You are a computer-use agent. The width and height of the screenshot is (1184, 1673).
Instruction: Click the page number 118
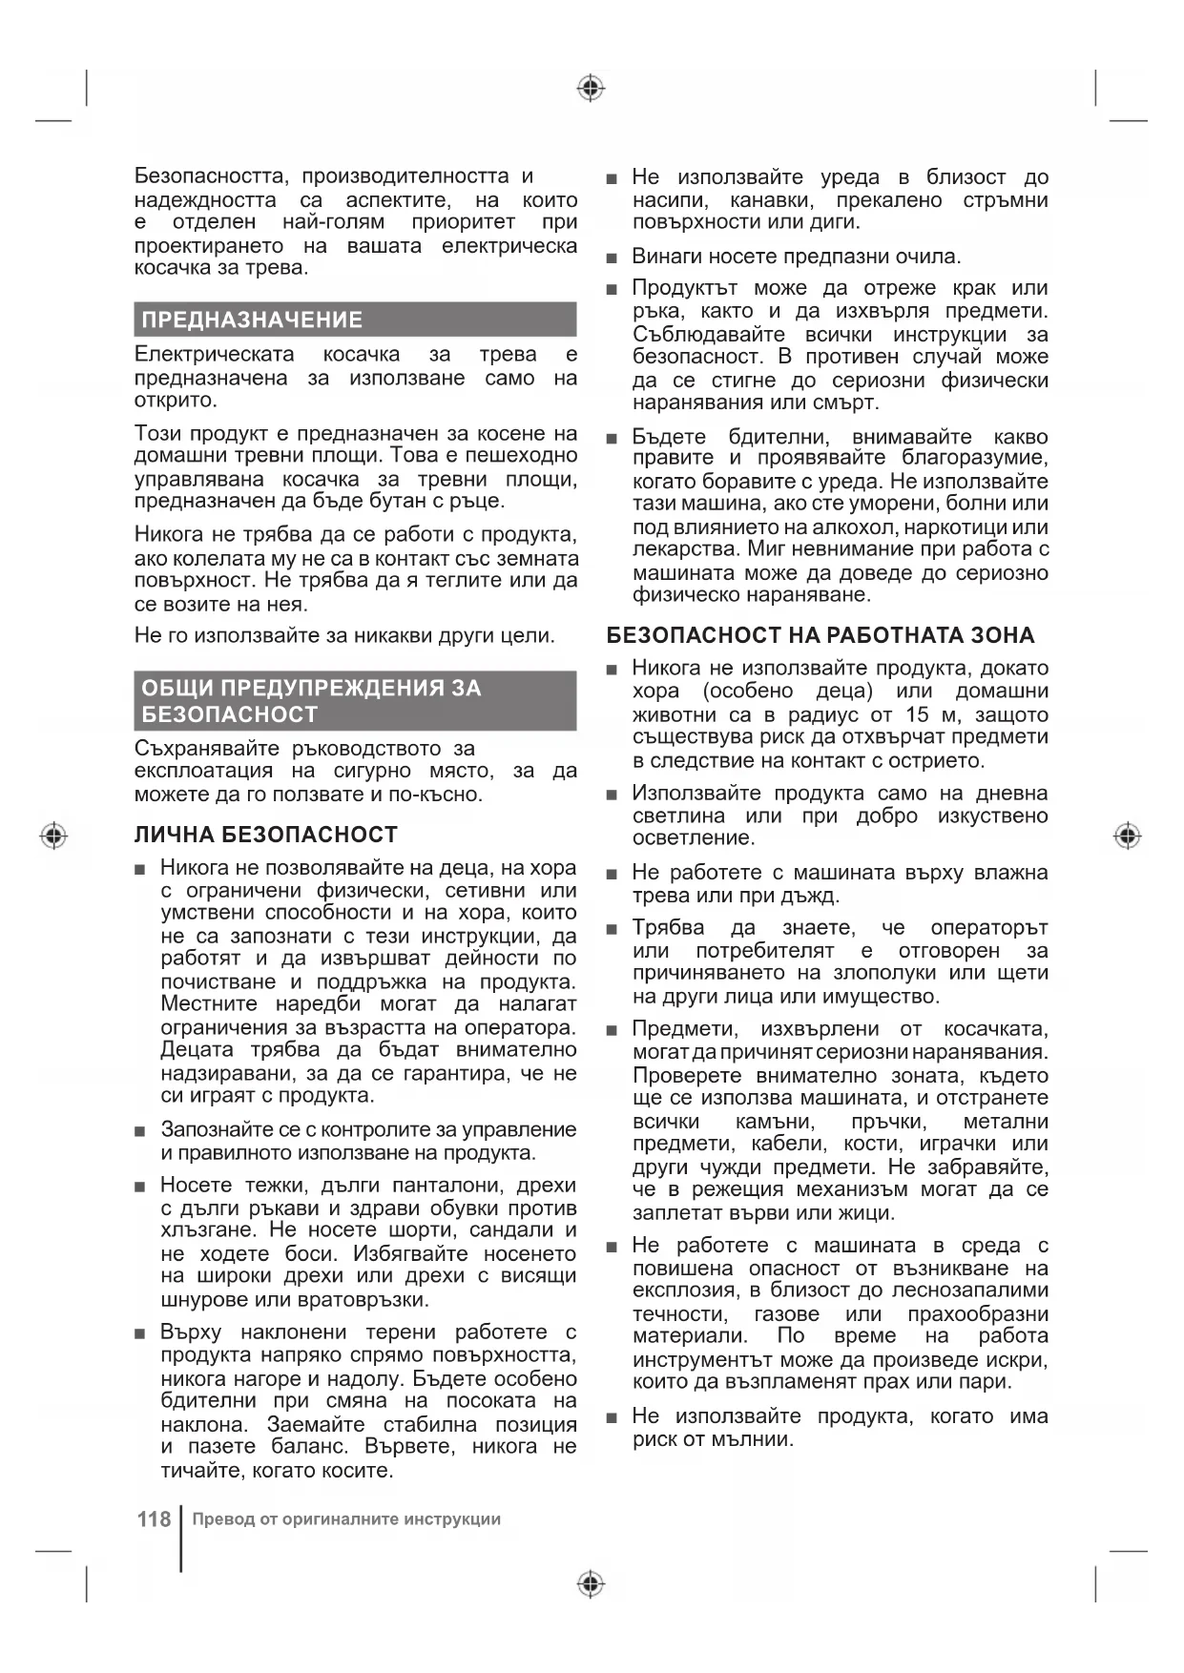coord(154,1518)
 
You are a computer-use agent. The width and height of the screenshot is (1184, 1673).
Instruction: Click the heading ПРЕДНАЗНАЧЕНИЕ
coord(252,320)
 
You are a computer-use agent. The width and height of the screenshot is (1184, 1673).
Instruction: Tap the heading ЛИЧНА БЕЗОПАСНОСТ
coord(266,835)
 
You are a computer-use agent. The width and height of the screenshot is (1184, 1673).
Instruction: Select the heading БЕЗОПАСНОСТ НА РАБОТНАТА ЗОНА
coord(820,635)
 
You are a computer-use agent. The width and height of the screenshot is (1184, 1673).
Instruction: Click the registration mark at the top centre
coord(592,89)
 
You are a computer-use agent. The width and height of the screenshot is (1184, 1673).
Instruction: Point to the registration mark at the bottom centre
coord(592,1584)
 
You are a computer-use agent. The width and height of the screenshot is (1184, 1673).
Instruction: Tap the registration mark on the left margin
coord(54,836)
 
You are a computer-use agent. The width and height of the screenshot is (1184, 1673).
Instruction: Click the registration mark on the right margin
coord(1127,836)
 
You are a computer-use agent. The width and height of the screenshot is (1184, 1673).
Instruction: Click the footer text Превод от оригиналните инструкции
coord(346,1519)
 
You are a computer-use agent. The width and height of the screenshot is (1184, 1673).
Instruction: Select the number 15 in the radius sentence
coord(917,714)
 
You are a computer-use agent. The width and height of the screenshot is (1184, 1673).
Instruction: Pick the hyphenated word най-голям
coord(334,222)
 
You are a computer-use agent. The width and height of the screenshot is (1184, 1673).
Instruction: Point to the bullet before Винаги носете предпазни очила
coord(613,258)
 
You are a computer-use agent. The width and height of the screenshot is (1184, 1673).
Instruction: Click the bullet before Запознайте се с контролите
coord(140,1131)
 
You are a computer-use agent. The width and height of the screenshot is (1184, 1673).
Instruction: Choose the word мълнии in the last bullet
coord(753,1439)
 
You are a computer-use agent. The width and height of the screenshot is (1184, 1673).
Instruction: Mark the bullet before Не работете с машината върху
coord(613,874)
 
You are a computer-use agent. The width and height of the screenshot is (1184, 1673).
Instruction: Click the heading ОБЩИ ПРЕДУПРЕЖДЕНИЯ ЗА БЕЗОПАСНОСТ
coord(311,701)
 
